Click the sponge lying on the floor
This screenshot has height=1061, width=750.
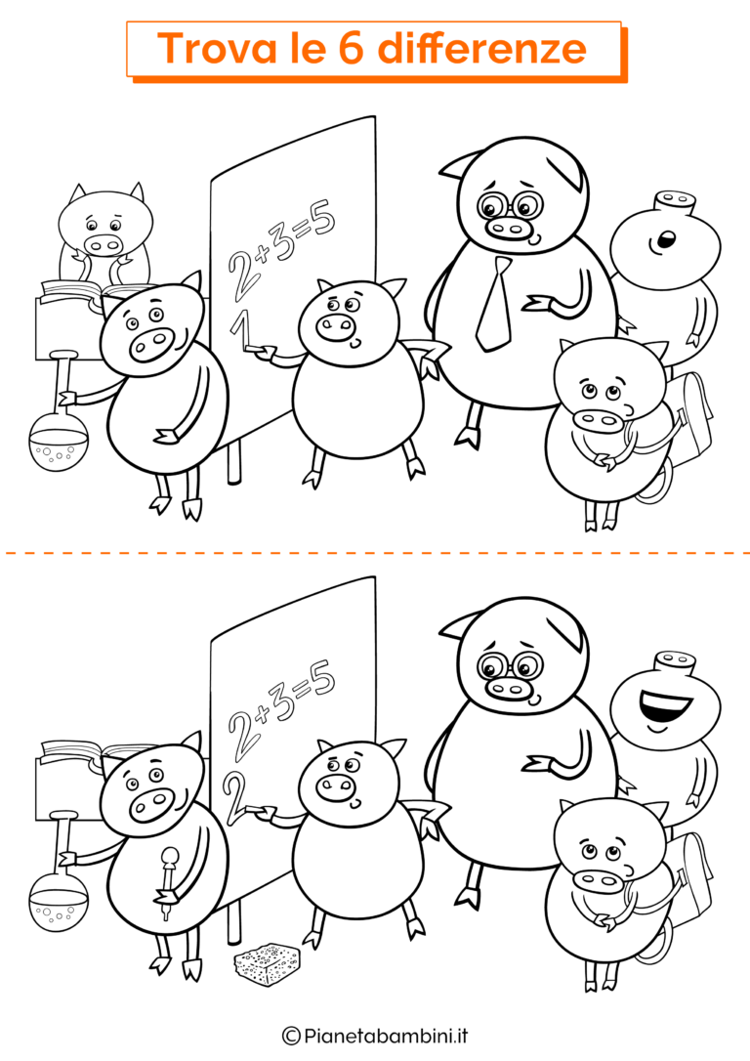(x=267, y=963)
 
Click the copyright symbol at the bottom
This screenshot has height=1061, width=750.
(x=290, y=1034)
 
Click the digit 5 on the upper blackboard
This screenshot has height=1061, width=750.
(x=322, y=219)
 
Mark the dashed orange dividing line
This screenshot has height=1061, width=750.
(x=375, y=554)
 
